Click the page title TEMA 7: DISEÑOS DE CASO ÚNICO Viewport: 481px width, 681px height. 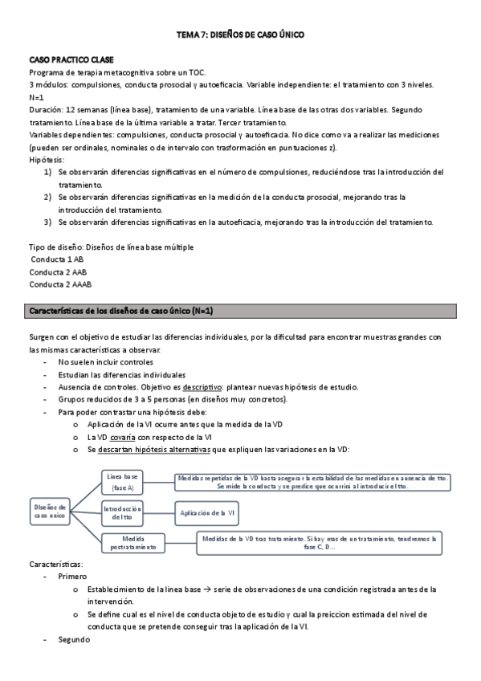point(240,35)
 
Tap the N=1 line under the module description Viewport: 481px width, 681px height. point(37,96)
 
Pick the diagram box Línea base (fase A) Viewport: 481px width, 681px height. point(123,482)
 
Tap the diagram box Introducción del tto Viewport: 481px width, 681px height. point(123,512)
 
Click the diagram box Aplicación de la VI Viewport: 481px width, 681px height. point(206,512)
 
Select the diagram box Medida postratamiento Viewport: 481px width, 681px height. point(133,543)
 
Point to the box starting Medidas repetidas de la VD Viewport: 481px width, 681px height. point(313,482)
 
